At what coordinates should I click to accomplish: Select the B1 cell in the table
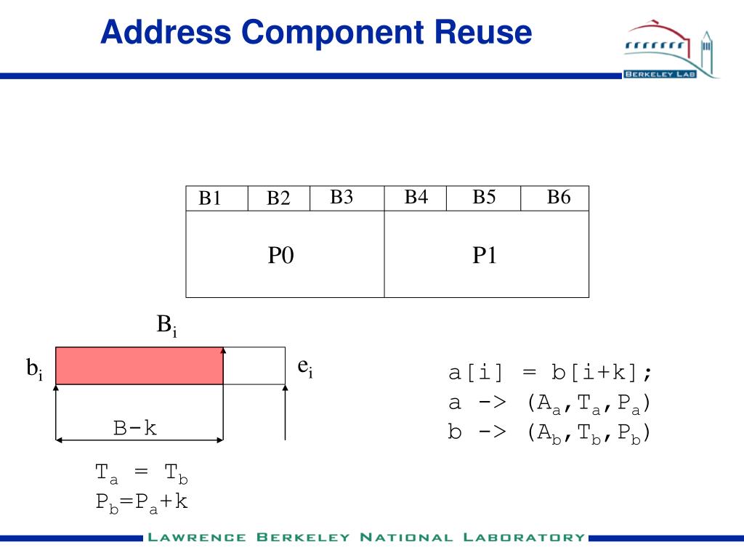pos(210,198)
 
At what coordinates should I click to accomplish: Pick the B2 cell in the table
pos(278,198)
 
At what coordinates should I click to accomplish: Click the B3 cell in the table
pos(341,197)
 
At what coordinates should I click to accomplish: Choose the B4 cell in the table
pos(416,197)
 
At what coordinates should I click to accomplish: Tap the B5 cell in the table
pos(484,197)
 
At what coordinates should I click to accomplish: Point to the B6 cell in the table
pos(559,197)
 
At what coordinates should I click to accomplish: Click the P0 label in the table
pos(281,255)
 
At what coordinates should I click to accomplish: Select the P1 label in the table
pos(485,255)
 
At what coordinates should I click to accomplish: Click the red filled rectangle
pos(139,365)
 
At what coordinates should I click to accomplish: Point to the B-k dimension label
pos(135,428)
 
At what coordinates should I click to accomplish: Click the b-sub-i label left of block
pos(35,371)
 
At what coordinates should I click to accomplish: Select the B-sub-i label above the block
pos(166,325)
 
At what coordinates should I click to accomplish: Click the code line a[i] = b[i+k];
pos(550,373)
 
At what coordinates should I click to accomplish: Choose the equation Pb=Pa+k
pos(142,501)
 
